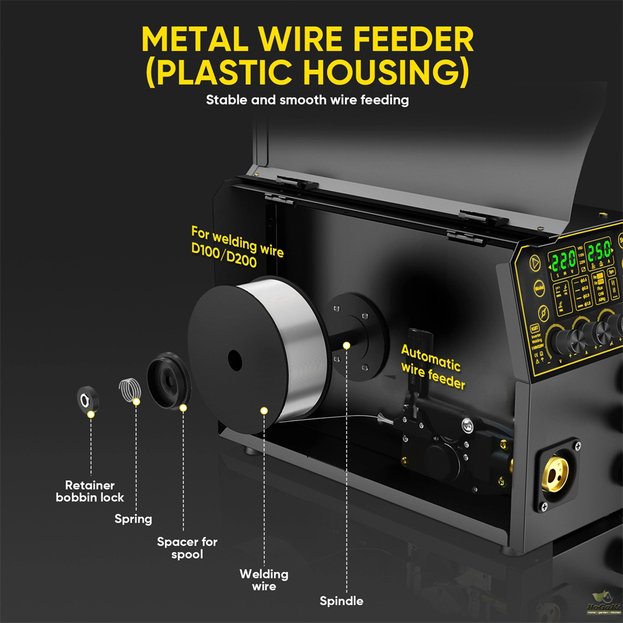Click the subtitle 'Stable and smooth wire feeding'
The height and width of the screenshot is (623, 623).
point(307,100)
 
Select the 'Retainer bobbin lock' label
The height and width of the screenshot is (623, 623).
point(90,491)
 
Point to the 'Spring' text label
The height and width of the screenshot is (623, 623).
point(133,519)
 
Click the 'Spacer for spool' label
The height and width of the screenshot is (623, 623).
point(187,548)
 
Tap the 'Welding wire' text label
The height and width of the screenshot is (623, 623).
point(264,580)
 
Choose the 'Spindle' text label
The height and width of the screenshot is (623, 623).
point(341,601)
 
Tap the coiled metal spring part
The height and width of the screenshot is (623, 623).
point(130,391)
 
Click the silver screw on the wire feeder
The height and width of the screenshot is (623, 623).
point(468,426)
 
